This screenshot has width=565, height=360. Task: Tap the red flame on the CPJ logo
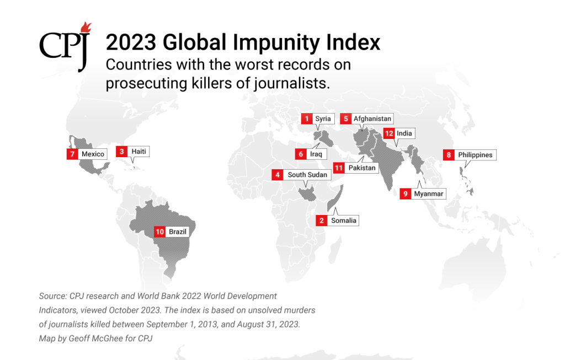point(85,28)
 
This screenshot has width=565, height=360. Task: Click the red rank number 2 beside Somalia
point(321,221)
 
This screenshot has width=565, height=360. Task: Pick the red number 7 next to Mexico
point(72,154)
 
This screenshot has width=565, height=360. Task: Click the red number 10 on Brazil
point(160,232)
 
